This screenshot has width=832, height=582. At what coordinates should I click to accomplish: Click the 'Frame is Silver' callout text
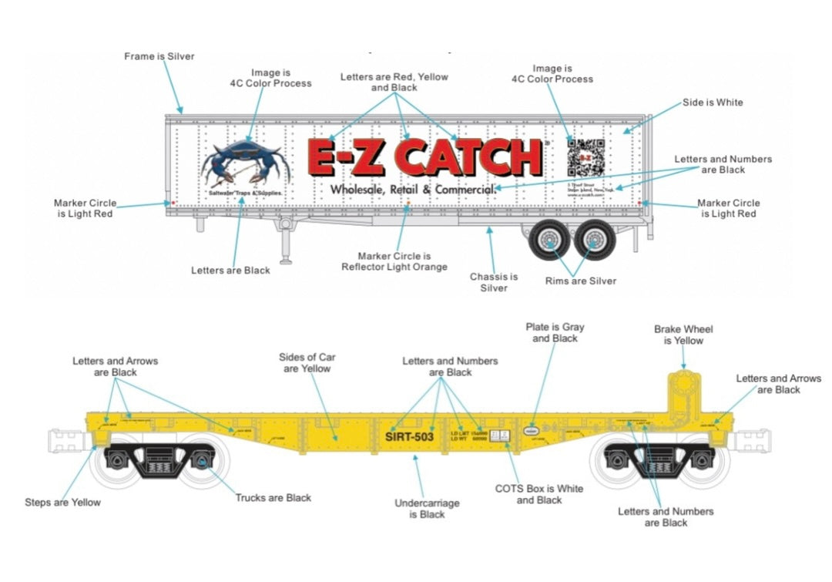pos(159,56)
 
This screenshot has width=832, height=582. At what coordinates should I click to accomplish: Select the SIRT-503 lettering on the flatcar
pos(409,436)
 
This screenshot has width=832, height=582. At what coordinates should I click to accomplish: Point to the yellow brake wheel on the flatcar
pos(683,385)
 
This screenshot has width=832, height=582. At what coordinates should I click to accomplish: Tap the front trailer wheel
pos(550,241)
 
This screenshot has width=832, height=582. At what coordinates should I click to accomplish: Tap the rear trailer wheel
pos(595,241)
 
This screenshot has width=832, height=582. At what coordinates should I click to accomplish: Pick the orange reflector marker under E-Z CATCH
pos(408,205)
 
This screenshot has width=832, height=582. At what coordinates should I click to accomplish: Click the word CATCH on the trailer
pos(473,158)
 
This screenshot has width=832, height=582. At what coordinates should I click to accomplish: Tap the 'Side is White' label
pos(713,103)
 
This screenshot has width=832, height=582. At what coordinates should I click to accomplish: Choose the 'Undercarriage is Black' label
pos(427,509)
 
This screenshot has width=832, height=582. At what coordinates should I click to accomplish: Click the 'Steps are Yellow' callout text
pos(62,502)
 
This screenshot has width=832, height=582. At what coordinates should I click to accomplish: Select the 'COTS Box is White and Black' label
pos(538,494)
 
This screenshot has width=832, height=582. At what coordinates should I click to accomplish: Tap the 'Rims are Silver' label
pos(581,281)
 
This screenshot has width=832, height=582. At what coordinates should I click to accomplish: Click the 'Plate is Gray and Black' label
pos(555,332)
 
